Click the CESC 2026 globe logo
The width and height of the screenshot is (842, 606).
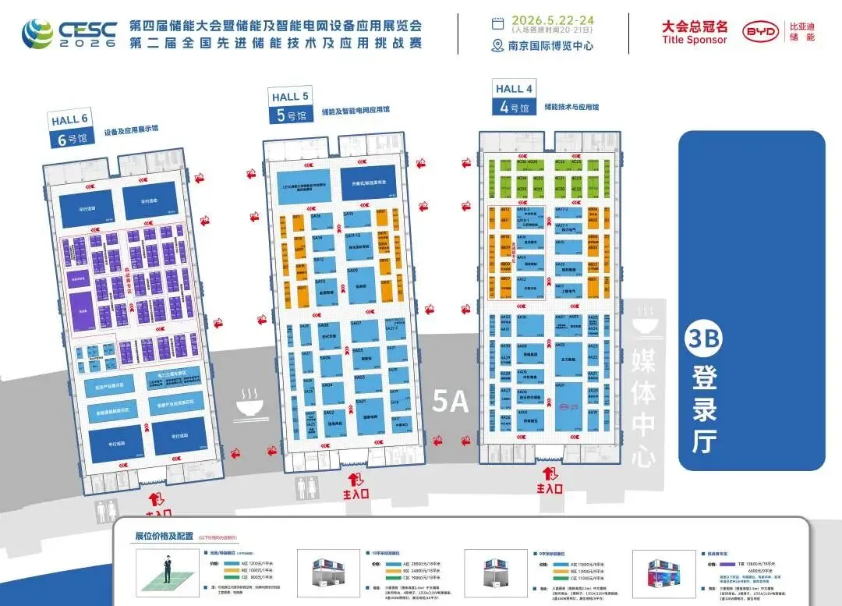click(38, 33)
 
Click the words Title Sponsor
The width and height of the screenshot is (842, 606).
click(694, 40)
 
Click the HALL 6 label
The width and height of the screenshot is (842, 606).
click(69, 120)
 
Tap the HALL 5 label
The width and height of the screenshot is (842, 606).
click(290, 97)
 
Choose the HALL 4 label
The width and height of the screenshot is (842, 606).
click(514, 89)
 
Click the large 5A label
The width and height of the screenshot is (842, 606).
click(450, 402)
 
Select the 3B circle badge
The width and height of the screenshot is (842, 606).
click(703, 340)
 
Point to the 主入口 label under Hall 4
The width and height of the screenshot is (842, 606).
click(549, 488)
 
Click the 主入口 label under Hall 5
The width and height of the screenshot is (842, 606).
click(356, 493)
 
